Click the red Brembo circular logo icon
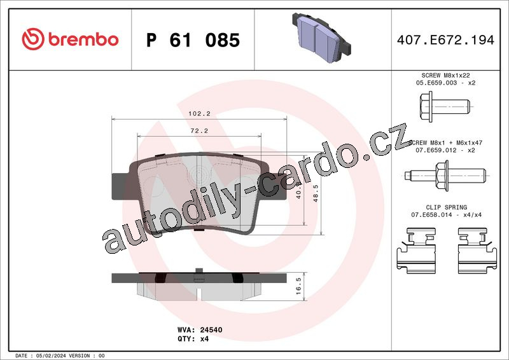point(33,39)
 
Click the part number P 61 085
point(193,40)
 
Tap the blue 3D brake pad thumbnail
point(322,38)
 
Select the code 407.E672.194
point(445,40)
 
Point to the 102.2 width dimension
point(199,114)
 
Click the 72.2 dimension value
point(199,131)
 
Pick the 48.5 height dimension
point(316,193)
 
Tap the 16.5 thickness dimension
point(298,286)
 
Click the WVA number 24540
point(211,330)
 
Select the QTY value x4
point(204,339)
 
